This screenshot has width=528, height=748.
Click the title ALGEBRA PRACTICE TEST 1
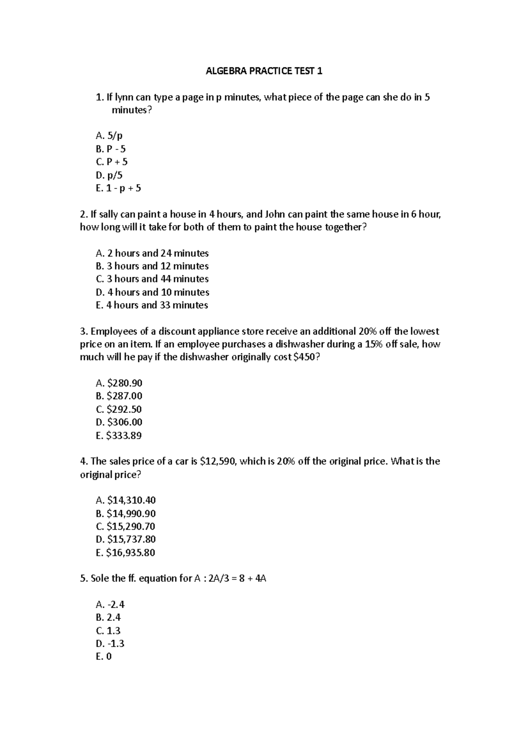pos(264,71)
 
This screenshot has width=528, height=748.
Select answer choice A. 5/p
pos(109,136)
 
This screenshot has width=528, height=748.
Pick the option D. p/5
pos(109,175)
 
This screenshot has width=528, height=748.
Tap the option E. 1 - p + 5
pos(118,188)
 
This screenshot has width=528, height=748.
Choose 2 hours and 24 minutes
pos(152,253)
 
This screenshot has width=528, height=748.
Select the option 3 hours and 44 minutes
pos(152,279)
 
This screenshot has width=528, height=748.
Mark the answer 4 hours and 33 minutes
pos(152,305)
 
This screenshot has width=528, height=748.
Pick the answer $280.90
pos(119,383)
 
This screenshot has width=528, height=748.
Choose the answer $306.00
pos(119,422)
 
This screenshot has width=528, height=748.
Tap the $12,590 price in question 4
pos(219,461)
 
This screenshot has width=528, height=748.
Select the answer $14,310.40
pos(126,500)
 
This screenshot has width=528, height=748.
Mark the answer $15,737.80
pos(126,539)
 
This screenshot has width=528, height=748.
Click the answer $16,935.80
pos(126,552)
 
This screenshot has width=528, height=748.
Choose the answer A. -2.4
pos(110,604)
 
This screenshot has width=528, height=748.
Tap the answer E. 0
pos(103,656)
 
